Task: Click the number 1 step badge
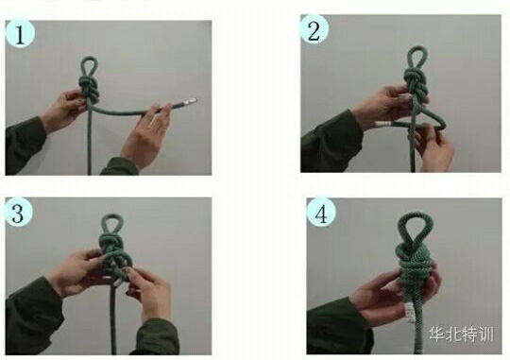(x=20, y=33)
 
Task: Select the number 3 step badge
(x=18, y=213)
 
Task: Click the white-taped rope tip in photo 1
(x=189, y=101)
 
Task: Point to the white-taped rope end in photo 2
(x=383, y=124)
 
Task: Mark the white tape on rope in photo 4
(x=409, y=312)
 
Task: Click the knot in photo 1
(x=89, y=89)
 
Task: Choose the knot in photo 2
(x=416, y=84)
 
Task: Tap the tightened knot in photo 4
(x=414, y=264)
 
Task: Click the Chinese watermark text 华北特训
(x=461, y=334)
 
